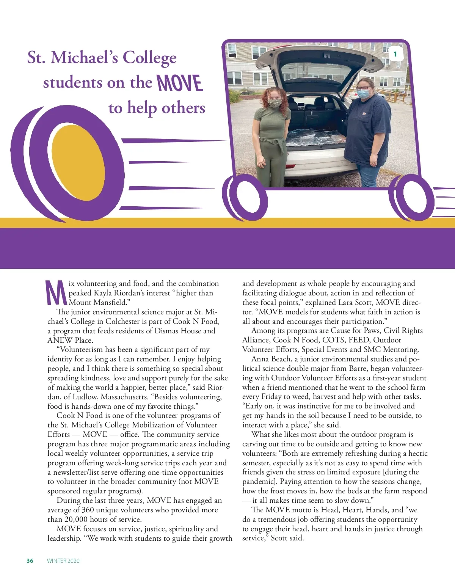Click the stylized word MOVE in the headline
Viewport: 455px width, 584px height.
point(180,83)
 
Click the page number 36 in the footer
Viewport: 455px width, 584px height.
point(30,561)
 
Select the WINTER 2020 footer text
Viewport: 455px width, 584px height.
point(63,561)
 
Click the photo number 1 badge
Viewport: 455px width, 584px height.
point(395,54)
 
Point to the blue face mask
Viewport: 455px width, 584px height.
point(363,93)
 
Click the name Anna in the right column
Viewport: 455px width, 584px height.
point(260,359)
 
